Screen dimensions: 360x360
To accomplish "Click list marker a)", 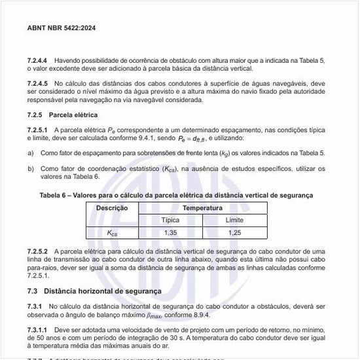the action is [31, 153].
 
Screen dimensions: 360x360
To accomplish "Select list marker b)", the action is [31, 168].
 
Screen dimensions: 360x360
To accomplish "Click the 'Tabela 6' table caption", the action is [176, 194].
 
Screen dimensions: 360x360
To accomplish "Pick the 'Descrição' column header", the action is [112, 207].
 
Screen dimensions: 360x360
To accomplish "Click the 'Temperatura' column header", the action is [202, 207].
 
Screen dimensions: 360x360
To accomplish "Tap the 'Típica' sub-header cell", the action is [170, 220].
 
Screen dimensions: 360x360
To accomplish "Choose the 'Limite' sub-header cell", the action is [234, 220].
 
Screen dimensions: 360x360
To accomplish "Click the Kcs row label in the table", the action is [112, 233].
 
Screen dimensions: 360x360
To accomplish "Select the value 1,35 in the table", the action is [170, 233].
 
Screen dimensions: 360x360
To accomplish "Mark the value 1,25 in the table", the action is [234, 233].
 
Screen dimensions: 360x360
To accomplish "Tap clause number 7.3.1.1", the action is [39, 329].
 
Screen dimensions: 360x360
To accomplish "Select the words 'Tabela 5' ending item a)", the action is [310, 153].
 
